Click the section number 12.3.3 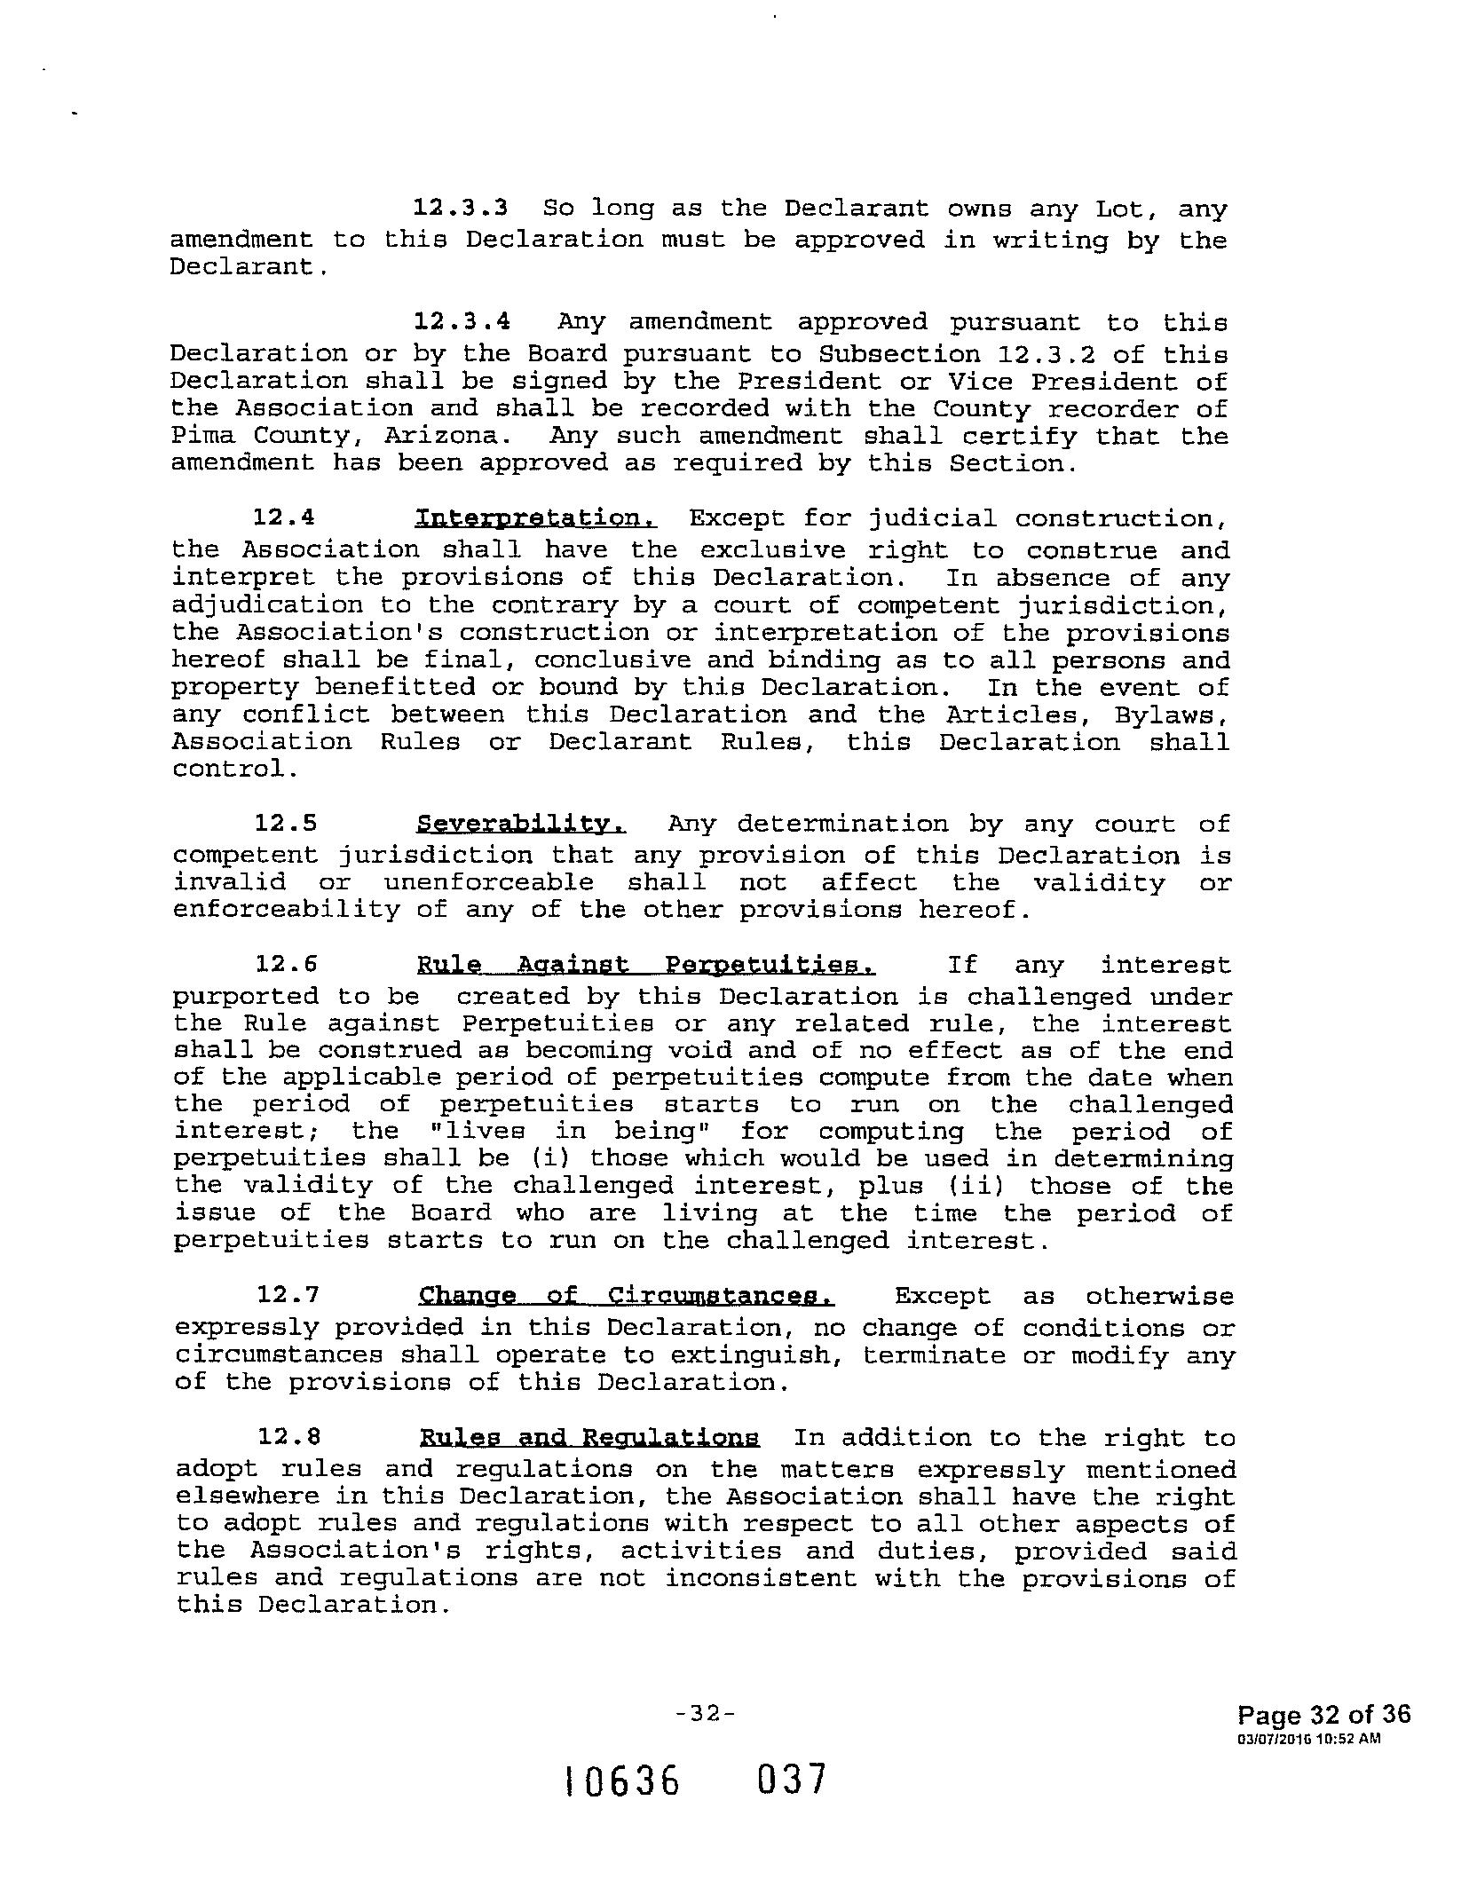click(461, 209)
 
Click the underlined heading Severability click(521, 825)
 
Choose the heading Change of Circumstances click(627, 1297)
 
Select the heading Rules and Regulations click(589, 1439)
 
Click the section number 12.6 click(287, 966)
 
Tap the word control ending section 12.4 click(234, 769)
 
